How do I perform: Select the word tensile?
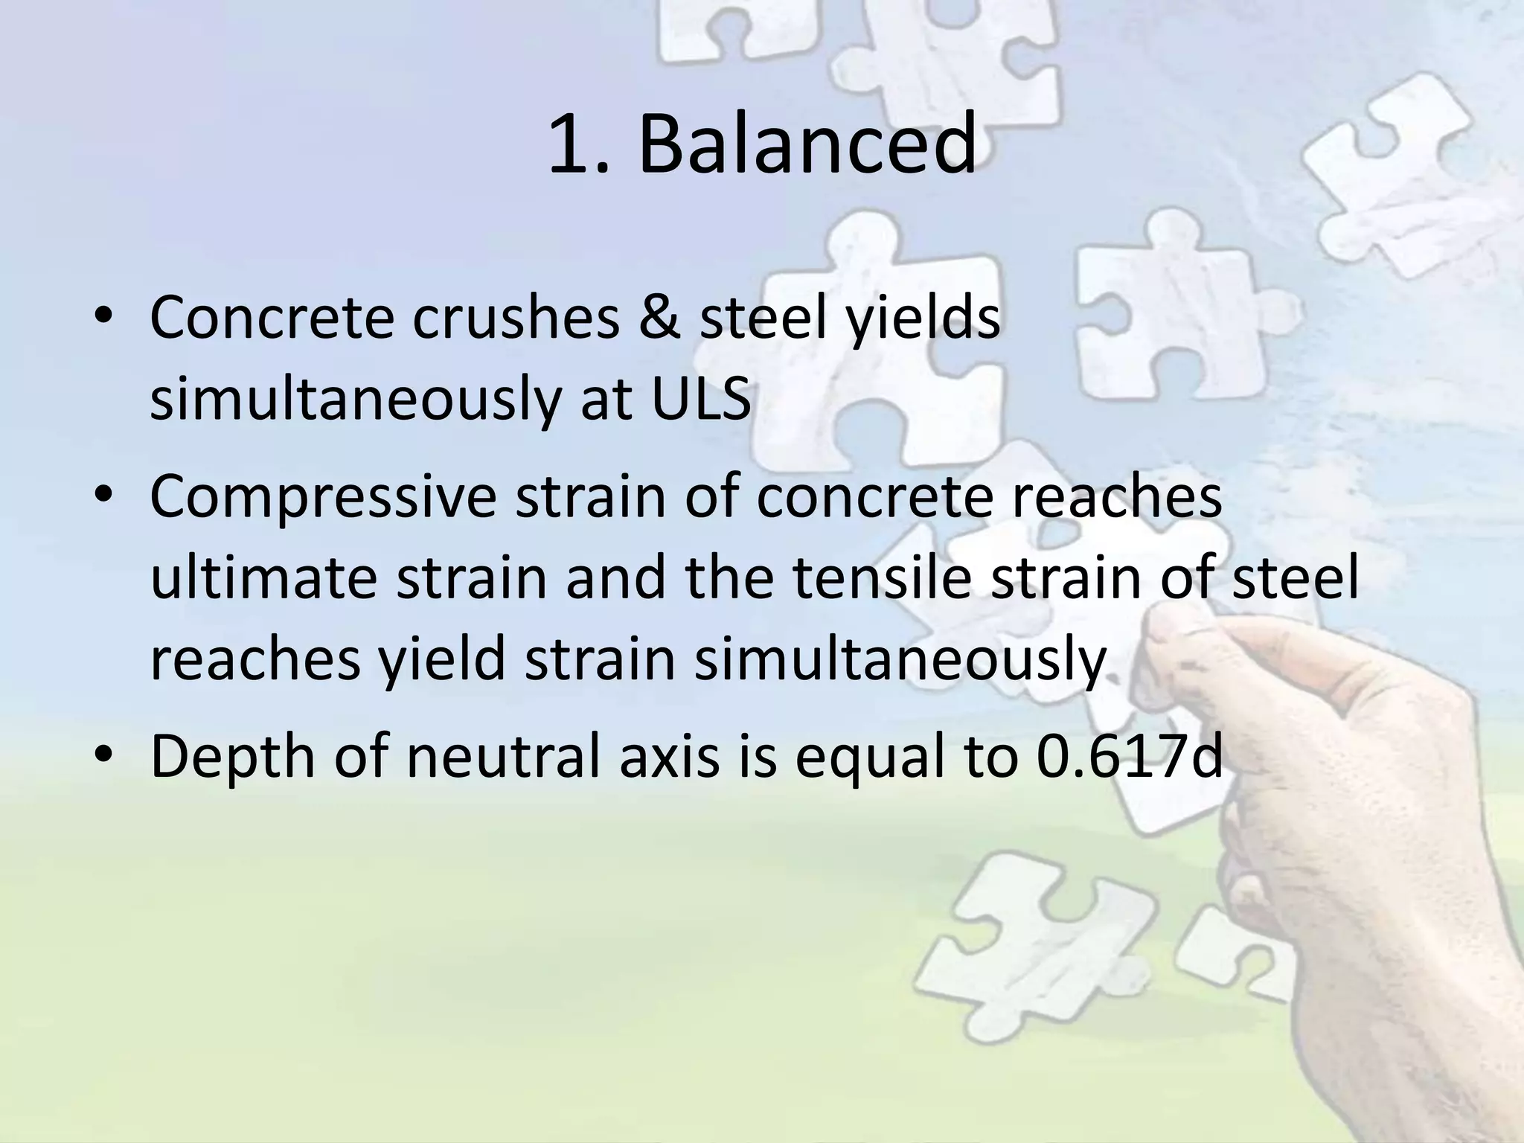coord(883,579)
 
